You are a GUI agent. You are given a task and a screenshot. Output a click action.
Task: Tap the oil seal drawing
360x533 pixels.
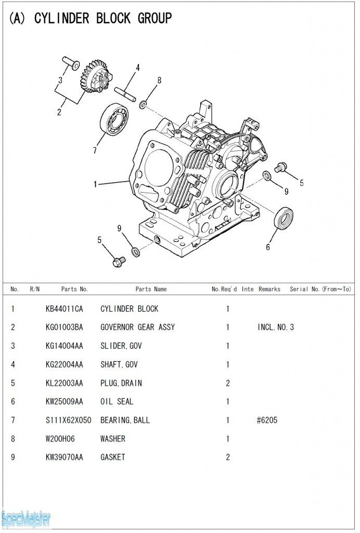284,218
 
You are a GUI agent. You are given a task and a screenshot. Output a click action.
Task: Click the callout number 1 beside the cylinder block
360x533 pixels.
95,184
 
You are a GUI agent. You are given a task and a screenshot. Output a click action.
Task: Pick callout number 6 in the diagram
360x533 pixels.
268,247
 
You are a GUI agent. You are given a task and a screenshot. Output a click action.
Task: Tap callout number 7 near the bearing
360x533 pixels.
95,151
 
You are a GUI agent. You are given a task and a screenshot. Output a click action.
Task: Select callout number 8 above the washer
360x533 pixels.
159,80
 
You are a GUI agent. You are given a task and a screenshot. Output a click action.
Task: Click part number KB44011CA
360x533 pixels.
64,309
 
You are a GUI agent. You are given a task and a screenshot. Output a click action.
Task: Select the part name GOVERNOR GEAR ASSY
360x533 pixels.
137,327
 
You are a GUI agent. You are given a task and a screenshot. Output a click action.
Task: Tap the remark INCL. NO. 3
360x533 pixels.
276,327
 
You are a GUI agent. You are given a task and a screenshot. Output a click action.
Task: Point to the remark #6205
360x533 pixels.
267,420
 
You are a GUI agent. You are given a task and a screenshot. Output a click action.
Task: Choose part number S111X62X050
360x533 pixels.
69,420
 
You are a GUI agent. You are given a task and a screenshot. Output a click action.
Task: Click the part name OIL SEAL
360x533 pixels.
117,401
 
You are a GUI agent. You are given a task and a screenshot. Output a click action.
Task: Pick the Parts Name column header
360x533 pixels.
151,289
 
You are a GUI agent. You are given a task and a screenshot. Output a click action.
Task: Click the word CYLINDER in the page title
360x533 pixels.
62,19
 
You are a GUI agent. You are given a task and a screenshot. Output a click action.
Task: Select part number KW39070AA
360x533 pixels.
64,457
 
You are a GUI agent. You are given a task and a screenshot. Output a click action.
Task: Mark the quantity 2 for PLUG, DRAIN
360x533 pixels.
228,383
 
